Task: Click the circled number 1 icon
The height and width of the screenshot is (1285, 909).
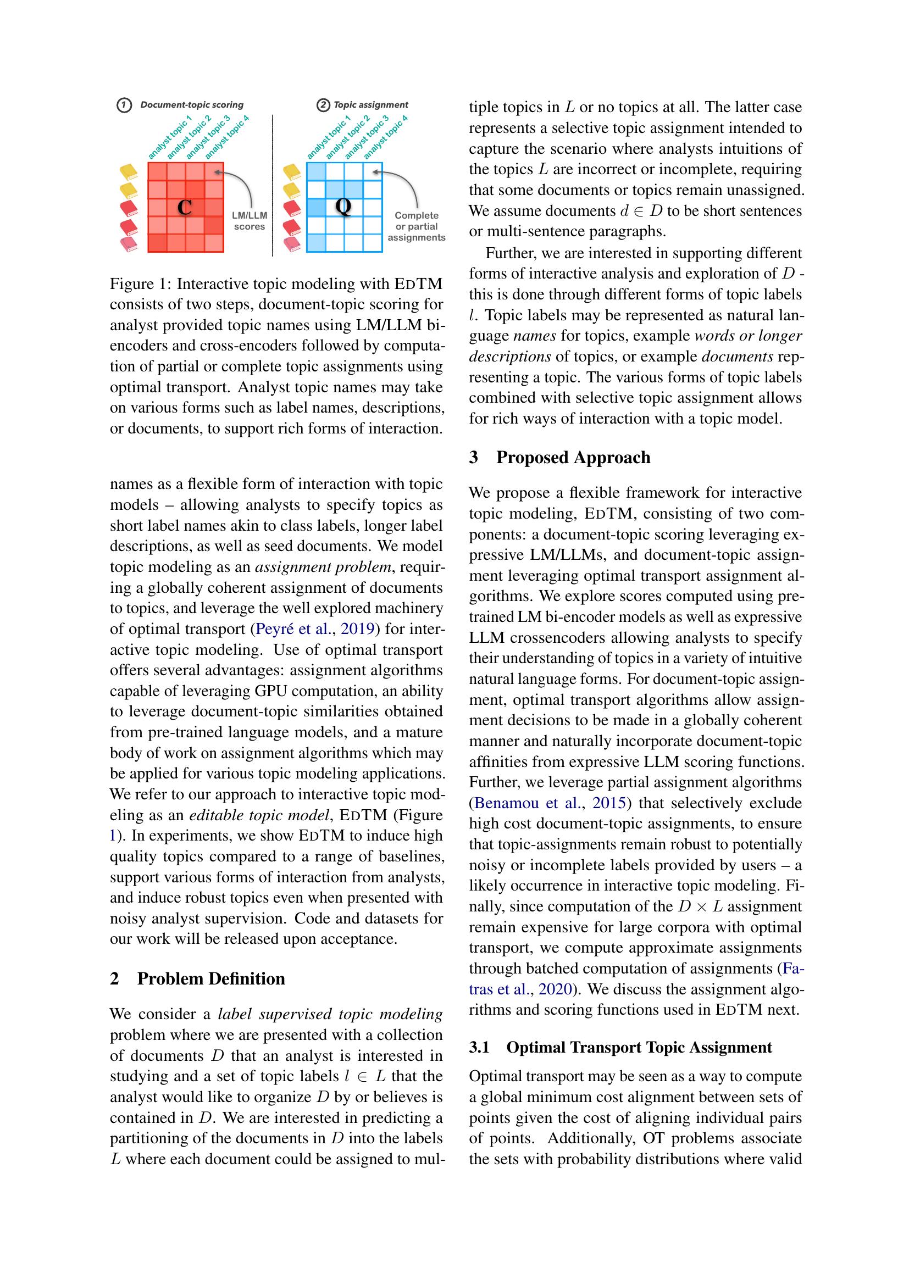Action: click(124, 105)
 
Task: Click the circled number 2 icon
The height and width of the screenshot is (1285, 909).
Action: click(323, 105)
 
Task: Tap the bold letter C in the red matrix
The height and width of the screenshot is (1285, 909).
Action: click(185, 208)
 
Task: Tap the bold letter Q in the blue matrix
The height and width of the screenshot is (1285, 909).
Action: click(343, 207)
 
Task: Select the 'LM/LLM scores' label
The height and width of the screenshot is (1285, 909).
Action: click(250, 221)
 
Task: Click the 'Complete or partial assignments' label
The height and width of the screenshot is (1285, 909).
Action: click(417, 226)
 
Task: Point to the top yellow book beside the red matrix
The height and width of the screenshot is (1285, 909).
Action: click(129, 171)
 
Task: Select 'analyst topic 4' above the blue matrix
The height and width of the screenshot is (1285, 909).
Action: click(386, 138)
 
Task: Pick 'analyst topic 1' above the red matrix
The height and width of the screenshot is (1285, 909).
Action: click(170, 138)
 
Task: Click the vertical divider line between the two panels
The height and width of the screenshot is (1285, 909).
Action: click(273, 185)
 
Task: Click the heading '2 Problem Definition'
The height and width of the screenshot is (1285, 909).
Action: click(198, 978)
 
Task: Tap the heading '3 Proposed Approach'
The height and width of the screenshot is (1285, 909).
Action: click(559, 457)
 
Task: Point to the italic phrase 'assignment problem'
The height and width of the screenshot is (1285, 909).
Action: click(323, 567)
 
